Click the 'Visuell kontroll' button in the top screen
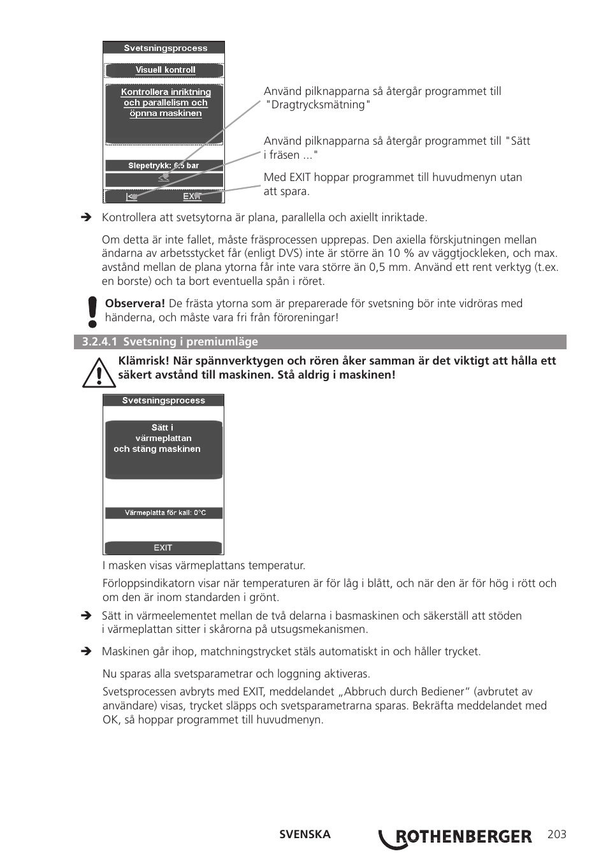coord(164,70)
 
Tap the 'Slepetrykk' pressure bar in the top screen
coord(164,166)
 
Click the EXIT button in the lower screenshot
coord(163,548)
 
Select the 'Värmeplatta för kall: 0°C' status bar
coord(164,513)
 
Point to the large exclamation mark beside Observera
coord(92,312)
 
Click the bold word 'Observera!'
coord(135,304)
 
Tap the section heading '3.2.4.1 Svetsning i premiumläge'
coord(170,342)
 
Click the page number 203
coord(556,834)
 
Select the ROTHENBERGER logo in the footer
coord(456,838)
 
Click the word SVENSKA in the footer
coord(305,834)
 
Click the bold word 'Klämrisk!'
coord(143,361)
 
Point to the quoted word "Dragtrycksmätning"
coord(318,105)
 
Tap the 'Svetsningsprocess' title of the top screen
coord(164,48)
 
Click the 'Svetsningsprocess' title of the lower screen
coord(163,400)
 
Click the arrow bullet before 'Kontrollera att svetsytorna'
coord(86,218)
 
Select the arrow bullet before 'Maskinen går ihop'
coord(86,651)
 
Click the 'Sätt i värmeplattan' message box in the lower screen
coord(163,449)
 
